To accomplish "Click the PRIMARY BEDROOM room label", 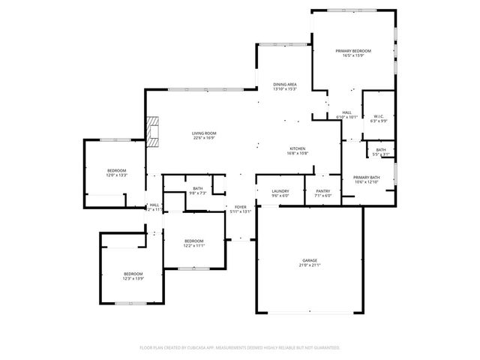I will click(353, 50).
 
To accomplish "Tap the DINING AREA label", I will click(285, 85).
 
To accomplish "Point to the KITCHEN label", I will click(298, 148).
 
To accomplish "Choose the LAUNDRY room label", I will click(280, 191).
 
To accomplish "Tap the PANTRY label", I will click(322, 191).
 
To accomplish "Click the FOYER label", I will click(240, 207).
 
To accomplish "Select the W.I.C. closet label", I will click(379, 115).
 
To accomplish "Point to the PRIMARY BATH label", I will click(367, 177).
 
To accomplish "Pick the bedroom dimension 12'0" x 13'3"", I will click(116, 175).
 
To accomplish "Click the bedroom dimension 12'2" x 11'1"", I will click(194, 245).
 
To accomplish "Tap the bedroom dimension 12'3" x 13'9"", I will click(133, 278).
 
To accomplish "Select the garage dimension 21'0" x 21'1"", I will click(310, 265).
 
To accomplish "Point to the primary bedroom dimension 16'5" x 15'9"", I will click(353, 55).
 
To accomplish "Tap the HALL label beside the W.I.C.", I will click(346, 112).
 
